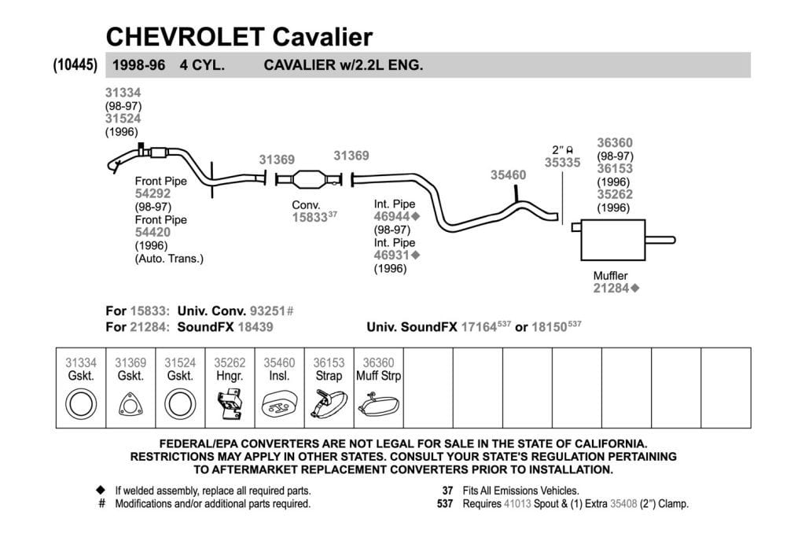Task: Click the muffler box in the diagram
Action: pos(612,241)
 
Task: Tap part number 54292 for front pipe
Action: pos(153,193)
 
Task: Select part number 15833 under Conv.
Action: pos(310,217)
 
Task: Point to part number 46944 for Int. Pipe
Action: pos(391,217)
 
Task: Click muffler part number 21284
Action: pos(611,288)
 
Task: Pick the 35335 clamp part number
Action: pos(562,162)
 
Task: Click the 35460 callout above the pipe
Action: pos(508,175)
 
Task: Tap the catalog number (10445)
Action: pos(75,65)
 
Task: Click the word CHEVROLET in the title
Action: pos(185,37)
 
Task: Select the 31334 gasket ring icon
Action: pos(81,403)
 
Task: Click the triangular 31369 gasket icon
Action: pos(130,405)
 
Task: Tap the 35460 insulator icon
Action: pos(279,405)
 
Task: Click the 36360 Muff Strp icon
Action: pos(378,405)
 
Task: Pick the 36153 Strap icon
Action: pos(329,405)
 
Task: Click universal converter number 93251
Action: pos(267,311)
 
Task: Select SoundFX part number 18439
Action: pos(255,327)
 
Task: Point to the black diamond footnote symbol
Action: pos(101,491)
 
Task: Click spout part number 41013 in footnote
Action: pos(517,504)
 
